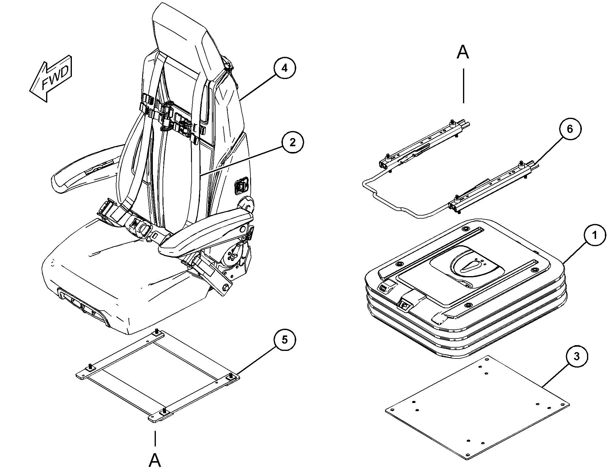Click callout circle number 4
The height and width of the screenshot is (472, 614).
[284, 68]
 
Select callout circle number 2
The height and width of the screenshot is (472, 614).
[292, 142]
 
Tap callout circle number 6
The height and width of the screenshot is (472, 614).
[570, 129]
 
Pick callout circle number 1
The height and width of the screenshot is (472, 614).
[594, 235]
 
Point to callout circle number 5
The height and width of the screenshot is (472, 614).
[284, 340]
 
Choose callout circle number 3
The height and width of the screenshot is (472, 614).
[576, 356]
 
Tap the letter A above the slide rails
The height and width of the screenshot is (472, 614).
[463, 53]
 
